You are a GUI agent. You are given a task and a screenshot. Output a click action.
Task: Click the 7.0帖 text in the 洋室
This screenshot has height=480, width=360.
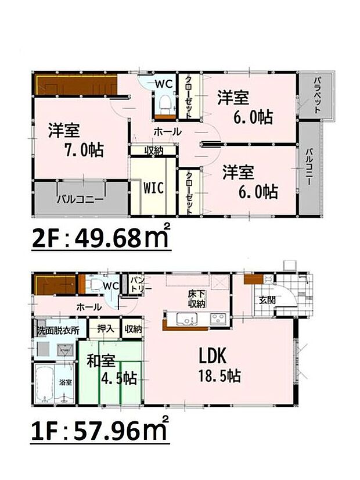pyautogui.click(x=85, y=151)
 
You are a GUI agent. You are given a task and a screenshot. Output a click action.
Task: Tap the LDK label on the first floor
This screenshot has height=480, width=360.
pyautogui.click(x=212, y=355)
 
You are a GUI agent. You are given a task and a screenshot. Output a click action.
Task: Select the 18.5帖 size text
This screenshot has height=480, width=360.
pyautogui.click(x=219, y=376)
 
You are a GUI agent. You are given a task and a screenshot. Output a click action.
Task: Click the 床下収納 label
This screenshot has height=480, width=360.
pyautogui.click(x=195, y=299)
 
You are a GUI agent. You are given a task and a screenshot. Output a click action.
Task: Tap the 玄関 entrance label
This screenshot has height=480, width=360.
pyautogui.click(x=267, y=300)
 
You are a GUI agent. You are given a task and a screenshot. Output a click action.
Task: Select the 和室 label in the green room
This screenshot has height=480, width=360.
pyautogui.click(x=99, y=360)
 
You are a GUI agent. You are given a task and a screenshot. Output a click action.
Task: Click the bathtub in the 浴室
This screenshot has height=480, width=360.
pyautogui.click(x=45, y=384)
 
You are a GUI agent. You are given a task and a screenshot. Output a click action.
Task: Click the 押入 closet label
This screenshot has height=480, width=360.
pyautogui.click(x=104, y=329)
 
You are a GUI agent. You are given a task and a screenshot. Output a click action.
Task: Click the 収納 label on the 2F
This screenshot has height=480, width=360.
pyautogui.click(x=154, y=150)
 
